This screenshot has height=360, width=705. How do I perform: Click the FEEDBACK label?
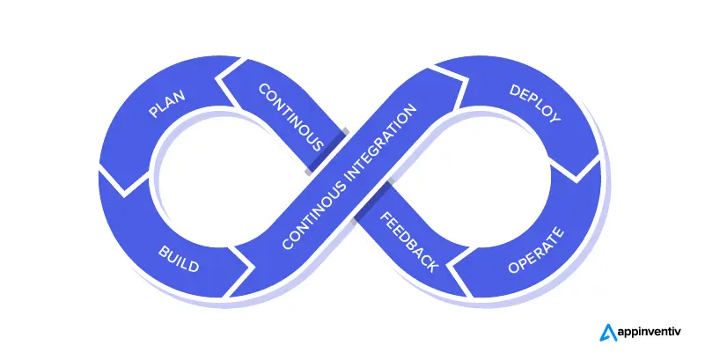click(408, 242)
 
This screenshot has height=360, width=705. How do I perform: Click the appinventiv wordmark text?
click(652, 333)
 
